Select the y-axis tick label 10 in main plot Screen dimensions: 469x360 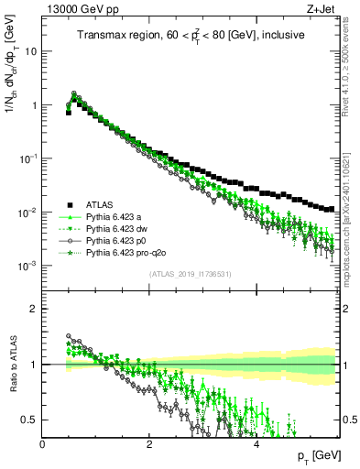pyautogui.click(x=30, y=51)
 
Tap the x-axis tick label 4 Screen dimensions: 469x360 pyautogui.click(x=256, y=442)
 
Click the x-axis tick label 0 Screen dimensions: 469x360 pyautogui.click(x=42, y=442)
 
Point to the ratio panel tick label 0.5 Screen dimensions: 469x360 pyautogui.click(x=29, y=420)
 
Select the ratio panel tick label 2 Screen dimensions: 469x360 pyautogui.click(x=34, y=308)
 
